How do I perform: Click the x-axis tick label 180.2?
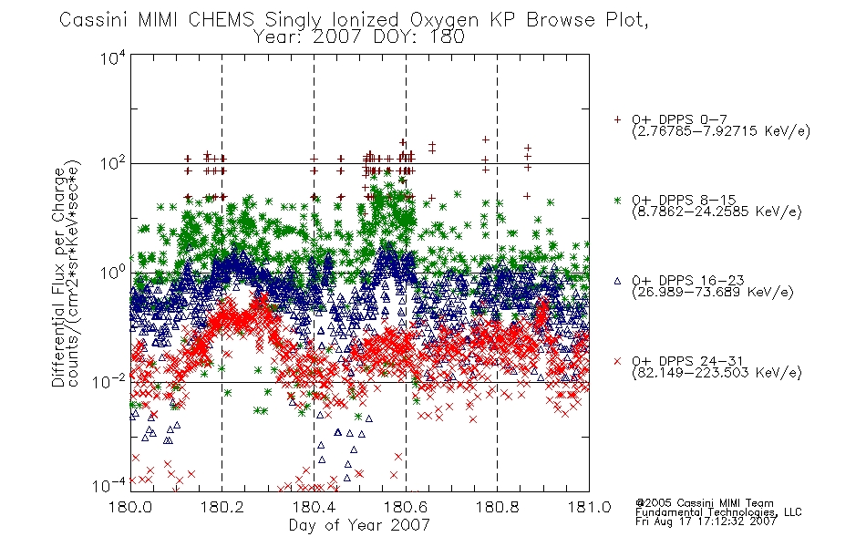(222, 507)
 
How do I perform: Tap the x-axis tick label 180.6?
(406, 507)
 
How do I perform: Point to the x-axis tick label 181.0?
(589, 507)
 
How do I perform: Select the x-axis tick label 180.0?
(130, 507)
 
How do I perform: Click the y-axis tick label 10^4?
(114, 58)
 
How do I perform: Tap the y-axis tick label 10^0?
(114, 273)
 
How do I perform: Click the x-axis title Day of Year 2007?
(359, 524)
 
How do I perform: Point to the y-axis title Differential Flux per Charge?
(58, 276)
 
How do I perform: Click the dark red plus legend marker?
(617, 119)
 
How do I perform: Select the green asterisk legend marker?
(617, 200)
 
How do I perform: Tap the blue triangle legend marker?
(617, 281)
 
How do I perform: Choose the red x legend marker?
(617, 361)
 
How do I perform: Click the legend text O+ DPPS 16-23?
(688, 280)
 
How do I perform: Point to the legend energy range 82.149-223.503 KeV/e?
(717, 373)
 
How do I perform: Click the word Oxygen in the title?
(446, 20)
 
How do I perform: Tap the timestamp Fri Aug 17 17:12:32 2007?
(706, 521)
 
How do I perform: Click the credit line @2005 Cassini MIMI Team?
(704, 503)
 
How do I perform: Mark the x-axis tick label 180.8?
(497, 507)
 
